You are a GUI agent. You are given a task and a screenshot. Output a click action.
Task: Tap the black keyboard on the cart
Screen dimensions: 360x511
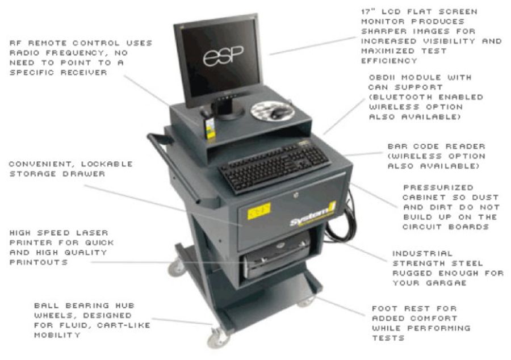point(274,167)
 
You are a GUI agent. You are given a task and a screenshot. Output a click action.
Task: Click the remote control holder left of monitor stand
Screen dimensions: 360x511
point(210,128)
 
